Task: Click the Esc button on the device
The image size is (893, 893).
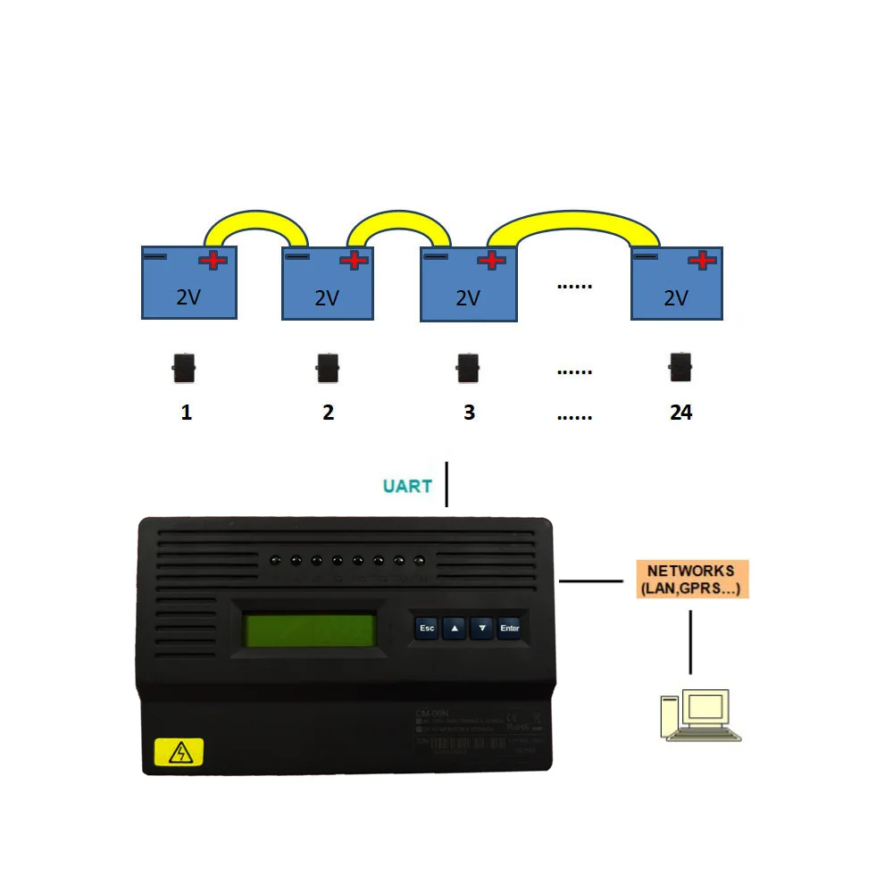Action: [427, 628]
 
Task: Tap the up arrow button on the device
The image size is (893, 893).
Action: [455, 628]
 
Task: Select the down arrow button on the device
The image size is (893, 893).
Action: [482, 628]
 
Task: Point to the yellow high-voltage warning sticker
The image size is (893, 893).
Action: [179, 752]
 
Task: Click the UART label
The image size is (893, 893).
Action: [407, 487]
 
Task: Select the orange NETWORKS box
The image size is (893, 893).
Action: [691, 580]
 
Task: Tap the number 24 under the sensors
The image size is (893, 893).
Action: [680, 412]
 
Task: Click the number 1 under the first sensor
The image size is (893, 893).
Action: [186, 412]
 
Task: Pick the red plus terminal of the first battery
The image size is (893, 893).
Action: [213, 260]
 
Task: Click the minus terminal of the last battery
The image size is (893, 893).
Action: [646, 257]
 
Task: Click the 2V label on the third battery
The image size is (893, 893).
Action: [468, 297]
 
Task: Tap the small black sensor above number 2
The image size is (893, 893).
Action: [328, 366]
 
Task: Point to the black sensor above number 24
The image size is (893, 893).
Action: [681, 365]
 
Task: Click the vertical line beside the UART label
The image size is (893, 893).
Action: [446, 484]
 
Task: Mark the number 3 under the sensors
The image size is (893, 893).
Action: [469, 412]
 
